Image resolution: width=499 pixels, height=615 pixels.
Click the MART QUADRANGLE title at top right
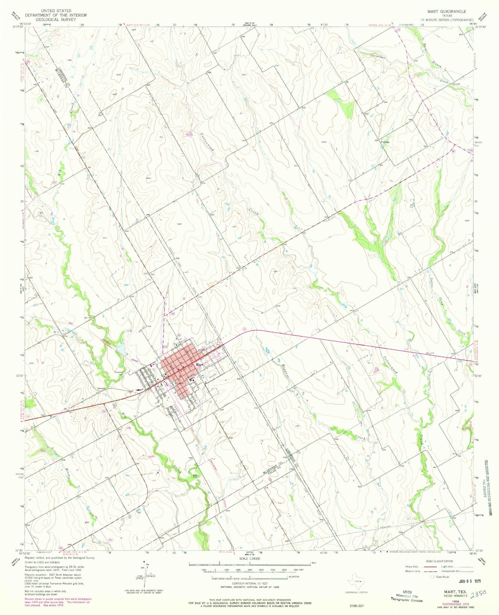447,11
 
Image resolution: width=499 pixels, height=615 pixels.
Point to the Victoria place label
385,142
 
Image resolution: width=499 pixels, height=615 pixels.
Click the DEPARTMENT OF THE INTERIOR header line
56,15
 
